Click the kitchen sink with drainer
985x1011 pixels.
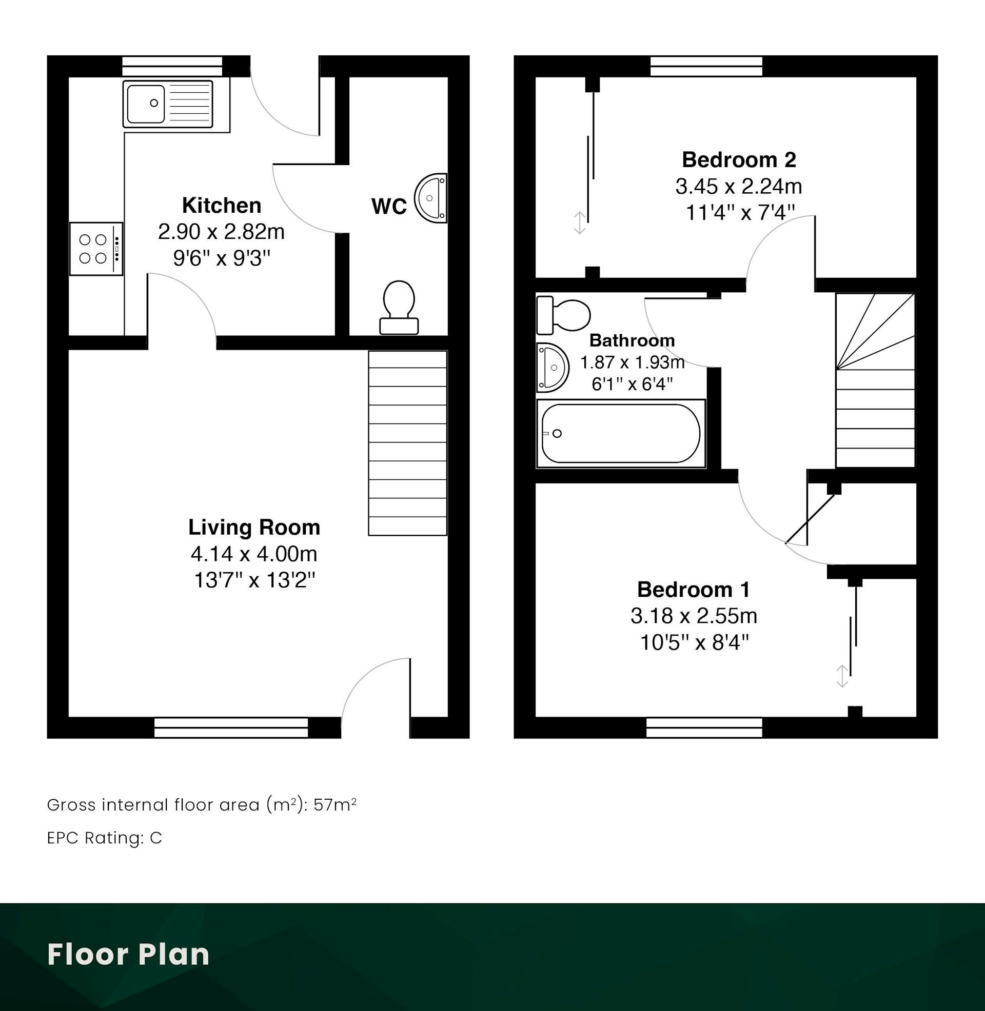tap(168, 104)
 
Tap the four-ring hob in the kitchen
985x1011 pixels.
tap(97, 249)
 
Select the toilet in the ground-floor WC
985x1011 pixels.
tap(399, 307)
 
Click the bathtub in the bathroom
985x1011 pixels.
tap(621, 434)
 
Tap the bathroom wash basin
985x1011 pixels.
tap(553, 368)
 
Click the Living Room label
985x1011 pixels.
tap(254, 527)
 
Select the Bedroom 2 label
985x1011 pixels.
tap(739, 160)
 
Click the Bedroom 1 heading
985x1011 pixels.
tap(693, 589)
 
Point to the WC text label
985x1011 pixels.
tap(389, 207)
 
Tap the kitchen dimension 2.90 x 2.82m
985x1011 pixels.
tap(222, 232)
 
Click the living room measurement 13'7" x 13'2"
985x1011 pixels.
tap(254, 580)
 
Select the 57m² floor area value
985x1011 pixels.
tap(334, 805)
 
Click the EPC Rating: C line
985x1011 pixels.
tap(105, 838)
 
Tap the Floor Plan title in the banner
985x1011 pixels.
tap(128, 954)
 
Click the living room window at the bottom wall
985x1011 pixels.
tap(231, 727)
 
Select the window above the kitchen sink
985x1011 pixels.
tap(172, 66)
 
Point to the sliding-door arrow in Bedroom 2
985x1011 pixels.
tap(579, 223)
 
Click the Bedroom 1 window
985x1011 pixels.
tap(704, 727)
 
